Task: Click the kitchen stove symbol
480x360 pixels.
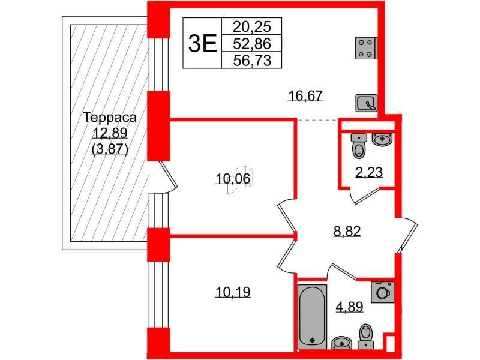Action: (x=365, y=48)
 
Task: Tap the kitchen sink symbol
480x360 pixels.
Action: (x=366, y=103)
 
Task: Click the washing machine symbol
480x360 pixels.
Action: (x=382, y=292)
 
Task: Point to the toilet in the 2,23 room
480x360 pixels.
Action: (x=359, y=146)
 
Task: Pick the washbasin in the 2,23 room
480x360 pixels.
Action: (x=382, y=139)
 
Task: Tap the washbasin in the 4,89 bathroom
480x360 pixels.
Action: (x=342, y=343)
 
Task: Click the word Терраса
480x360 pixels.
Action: (x=110, y=118)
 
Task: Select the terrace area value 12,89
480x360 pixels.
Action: (x=110, y=133)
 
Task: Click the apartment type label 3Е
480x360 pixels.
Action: (x=202, y=43)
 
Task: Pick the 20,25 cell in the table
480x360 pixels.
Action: (x=251, y=27)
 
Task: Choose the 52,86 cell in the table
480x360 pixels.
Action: (x=251, y=43)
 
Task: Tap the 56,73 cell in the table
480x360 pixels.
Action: (x=251, y=60)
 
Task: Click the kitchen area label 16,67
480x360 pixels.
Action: (x=305, y=96)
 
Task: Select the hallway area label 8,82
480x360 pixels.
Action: (x=347, y=231)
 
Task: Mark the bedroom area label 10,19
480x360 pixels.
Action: (x=233, y=292)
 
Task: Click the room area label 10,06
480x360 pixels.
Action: (x=233, y=178)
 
